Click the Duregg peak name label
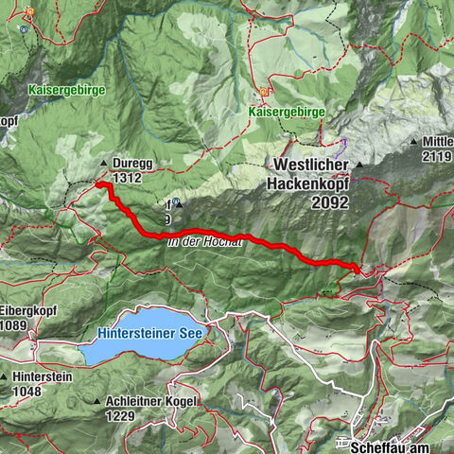(x=132, y=162)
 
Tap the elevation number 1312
(x=127, y=176)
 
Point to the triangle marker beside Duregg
(x=103, y=163)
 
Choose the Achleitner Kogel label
(x=151, y=401)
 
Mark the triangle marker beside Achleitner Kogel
(x=98, y=402)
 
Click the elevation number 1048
(x=28, y=390)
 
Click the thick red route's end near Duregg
(x=98, y=185)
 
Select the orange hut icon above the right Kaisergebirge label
(x=264, y=93)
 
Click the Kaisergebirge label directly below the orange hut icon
(x=287, y=112)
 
